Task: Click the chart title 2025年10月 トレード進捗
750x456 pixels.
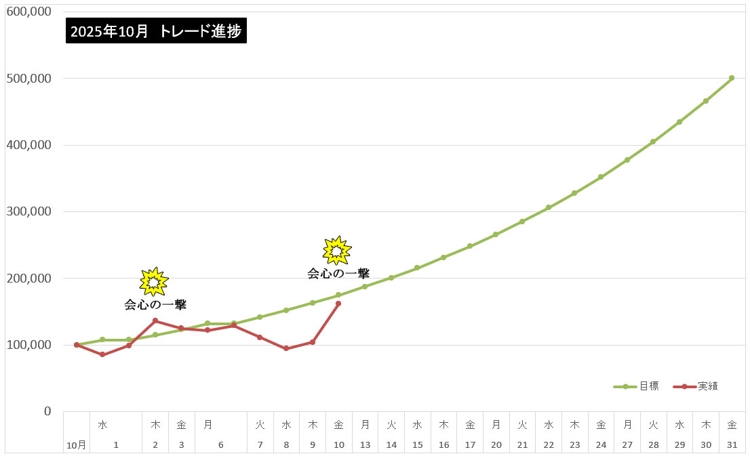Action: (x=156, y=31)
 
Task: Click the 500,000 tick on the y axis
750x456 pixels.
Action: (x=28, y=79)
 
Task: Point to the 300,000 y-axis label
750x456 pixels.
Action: (x=28, y=211)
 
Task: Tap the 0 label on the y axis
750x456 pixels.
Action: (x=47, y=411)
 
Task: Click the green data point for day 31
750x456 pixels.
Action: (x=732, y=78)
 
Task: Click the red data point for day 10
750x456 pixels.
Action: (x=338, y=304)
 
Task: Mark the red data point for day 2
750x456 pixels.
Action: (x=155, y=320)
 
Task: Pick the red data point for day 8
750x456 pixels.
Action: (x=286, y=348)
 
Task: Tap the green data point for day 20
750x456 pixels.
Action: (x=496, y=234)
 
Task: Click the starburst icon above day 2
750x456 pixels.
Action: (x=154, y=281)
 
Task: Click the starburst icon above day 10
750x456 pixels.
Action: (x=337, y=250)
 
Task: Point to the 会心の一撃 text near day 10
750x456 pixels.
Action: (x=338, y=274)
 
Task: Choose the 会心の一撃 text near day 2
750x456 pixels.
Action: (x=155, y=305)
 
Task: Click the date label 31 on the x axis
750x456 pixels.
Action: (x=732, y=445)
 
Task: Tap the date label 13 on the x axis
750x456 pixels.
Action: (x=365, y=445)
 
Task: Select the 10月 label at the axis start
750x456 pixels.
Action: (x=77, y=445)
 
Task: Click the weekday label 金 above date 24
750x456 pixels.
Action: (x=601, y=425)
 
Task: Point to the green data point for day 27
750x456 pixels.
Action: (x=627, y=160)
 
